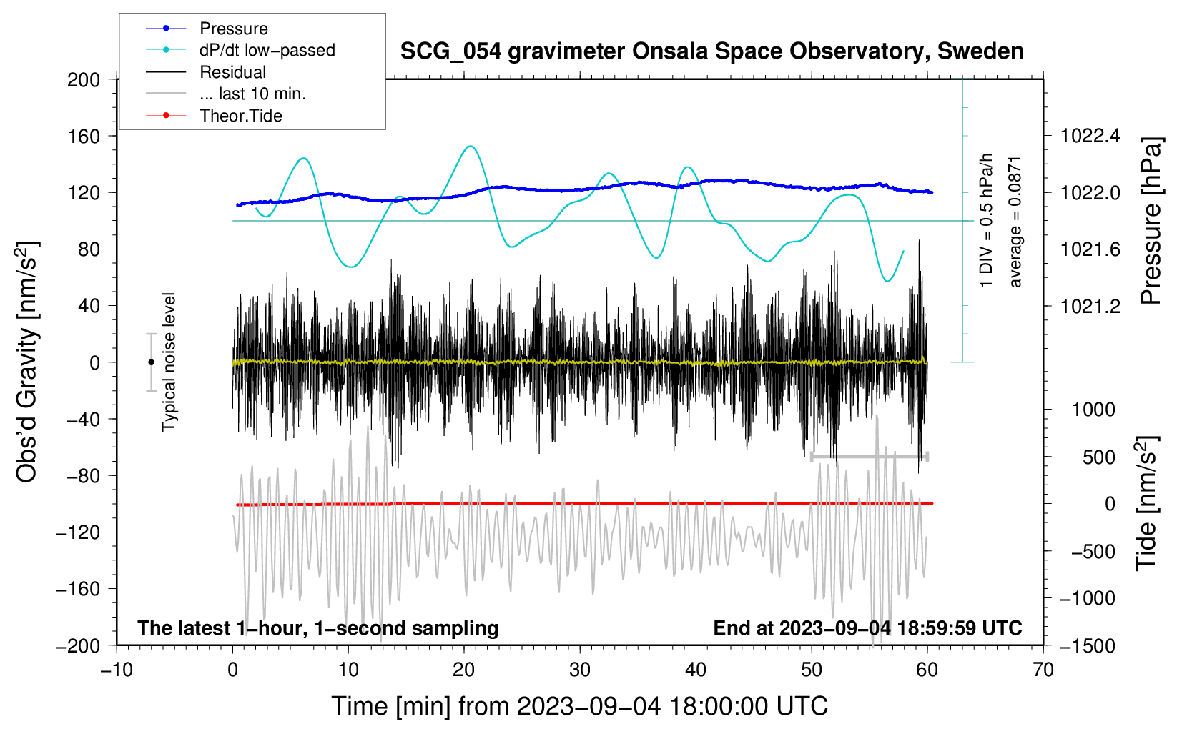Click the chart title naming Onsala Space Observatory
point(711,51)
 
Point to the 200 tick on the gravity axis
point(84,79)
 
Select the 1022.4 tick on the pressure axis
point(1090,136)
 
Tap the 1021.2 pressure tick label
point(1090,306)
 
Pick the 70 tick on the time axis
point(1043,670)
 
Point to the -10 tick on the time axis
point(117,670)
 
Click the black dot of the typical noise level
point(151,362)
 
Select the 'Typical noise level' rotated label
point(169,362)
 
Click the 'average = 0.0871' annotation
point(1015,222)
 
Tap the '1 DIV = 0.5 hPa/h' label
point(987,220)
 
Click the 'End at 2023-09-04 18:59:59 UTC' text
point(867,628)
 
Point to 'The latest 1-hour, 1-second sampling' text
point(317,628)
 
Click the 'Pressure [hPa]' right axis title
point(1151,221)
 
